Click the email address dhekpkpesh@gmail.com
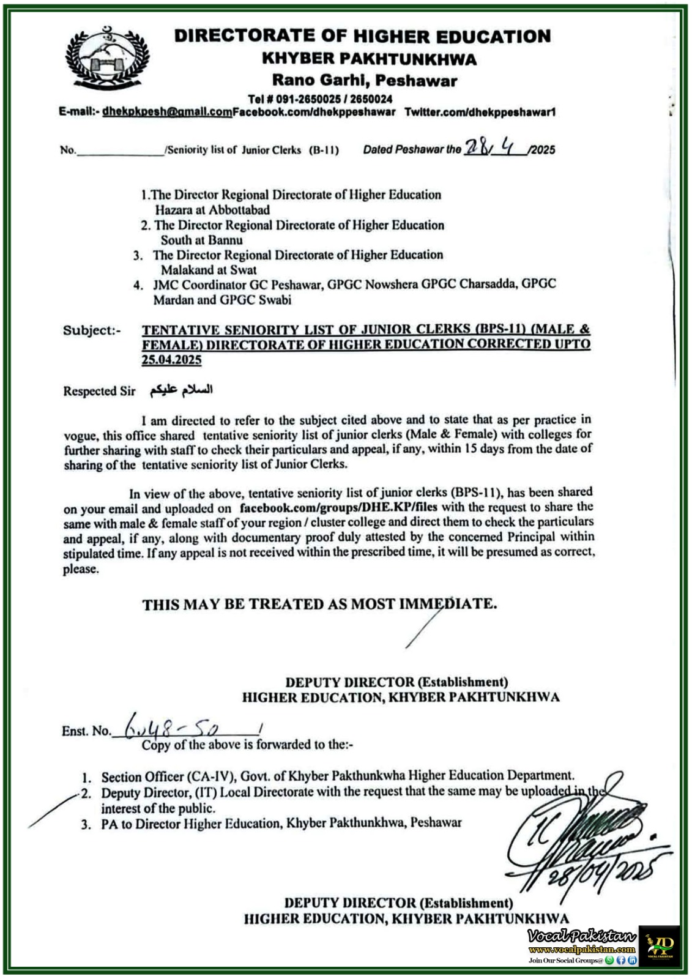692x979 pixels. click(x=167, y=112)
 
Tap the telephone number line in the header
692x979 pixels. click(x=320, y=99)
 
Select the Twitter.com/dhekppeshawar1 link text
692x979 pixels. click(x=480, y=112)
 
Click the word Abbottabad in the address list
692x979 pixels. click(x=240, y=210)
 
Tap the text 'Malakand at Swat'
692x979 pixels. click(x=208, y=270)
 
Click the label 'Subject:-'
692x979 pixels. click(x=92, y=330)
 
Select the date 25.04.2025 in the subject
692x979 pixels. click(x=171, y=360)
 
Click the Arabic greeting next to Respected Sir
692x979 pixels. click(x=181, y=390)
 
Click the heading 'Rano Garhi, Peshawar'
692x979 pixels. click(x=364, y=80)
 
